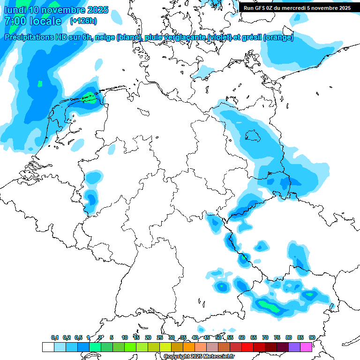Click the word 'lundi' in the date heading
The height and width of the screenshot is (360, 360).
click(15, 10)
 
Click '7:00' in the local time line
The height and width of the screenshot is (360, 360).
click(14, 22)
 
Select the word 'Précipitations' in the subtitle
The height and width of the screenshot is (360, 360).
click(29, 37)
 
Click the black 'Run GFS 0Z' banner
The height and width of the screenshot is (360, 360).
click(297, 8)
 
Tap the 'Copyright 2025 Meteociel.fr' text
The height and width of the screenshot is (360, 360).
click(199, 356)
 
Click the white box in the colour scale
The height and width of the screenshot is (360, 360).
click(48, 347)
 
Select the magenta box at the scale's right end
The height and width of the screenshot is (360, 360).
click(306, 347)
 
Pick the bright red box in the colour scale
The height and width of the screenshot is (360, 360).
click(247, 347)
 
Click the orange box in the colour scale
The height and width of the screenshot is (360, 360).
click(189, 347)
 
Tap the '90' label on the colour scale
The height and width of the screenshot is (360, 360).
click(312, 337)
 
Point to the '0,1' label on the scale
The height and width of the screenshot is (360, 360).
click(55, 337)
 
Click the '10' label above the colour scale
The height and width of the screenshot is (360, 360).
click(125, 337)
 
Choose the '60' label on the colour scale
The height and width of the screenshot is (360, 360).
click(242, 337)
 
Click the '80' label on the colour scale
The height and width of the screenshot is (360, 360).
click(289, 337)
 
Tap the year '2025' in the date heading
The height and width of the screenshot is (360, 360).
click(97, 10)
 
